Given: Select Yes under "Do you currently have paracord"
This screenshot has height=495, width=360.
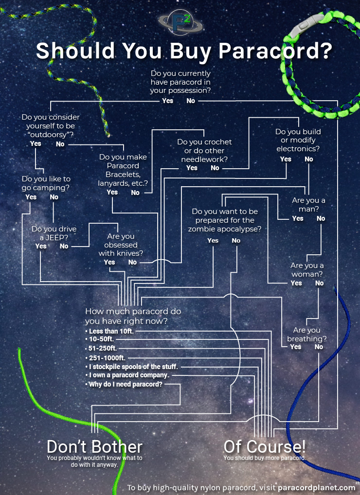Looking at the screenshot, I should pos(167,101).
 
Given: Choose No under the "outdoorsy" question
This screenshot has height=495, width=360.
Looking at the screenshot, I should pos(60,144).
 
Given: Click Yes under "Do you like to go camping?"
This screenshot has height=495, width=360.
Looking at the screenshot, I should pos(31,197).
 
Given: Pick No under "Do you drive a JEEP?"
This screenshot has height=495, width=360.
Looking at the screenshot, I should pos(64,246).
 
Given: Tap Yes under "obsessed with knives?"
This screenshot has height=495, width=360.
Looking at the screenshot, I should pos(109,262).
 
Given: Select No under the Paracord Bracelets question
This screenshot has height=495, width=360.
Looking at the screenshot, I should pos(135,193).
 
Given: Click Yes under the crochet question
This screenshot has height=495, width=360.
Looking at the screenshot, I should pos(192,168).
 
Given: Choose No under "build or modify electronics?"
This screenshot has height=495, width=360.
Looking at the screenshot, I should pos(309,159).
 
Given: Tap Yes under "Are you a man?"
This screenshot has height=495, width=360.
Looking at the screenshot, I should pos(298,218).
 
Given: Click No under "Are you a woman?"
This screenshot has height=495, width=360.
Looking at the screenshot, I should pos(319,283).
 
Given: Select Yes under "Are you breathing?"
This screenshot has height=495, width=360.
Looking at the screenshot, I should pos(296,347).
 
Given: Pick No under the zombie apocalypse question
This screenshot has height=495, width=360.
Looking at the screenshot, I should pos(236,241).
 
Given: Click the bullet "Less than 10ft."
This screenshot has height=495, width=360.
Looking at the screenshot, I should pos(111,331).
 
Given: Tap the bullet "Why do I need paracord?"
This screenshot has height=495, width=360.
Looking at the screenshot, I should pos(126,384).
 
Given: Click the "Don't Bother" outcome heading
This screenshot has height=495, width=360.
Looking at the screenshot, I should pos(94,446).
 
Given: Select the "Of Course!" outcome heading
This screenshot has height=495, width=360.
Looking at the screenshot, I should pos(264,446).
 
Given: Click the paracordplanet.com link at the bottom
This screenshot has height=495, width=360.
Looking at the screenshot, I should pos(317,487).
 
